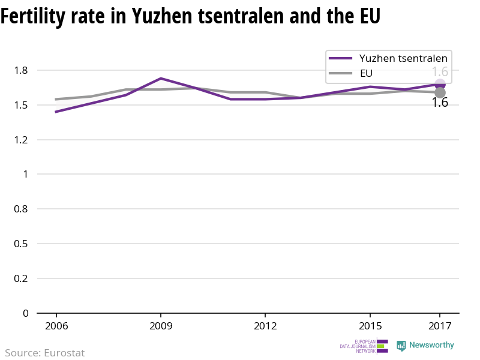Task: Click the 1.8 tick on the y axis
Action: click(x=21, y=71)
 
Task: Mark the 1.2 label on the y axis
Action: click(x=21, y=140)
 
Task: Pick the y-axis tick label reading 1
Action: click(x=25, y=175)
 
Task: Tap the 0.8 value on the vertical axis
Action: click(x=21, y=209)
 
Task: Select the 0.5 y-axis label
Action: click(x=21, y=244)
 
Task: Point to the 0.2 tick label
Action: click(x=21, y=278)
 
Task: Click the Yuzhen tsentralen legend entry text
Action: click(x=403, y=58)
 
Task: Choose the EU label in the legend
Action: click(x=367, y=73)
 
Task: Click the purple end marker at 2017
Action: click(x=440, y=85)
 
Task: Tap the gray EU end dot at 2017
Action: click(x=440, y=92)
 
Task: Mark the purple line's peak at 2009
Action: click(x=161, y=79)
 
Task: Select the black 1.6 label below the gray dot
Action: click(x=440, y=103)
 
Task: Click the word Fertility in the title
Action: click(x=32, y=16)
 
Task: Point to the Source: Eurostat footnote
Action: click(x=45, y=353)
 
